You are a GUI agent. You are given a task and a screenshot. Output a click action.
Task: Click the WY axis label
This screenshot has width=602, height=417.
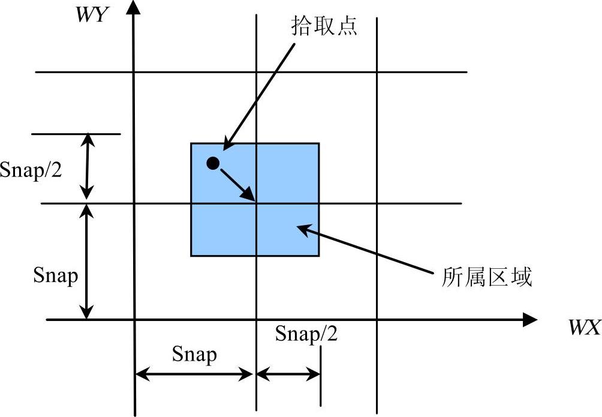91,15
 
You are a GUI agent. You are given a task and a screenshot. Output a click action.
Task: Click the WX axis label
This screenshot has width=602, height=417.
584,328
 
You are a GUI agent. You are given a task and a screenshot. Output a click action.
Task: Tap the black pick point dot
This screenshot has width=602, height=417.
212,163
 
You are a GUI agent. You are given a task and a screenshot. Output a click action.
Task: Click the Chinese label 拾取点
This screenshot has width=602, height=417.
324,26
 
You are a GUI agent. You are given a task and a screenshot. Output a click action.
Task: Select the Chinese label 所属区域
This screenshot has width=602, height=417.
487,277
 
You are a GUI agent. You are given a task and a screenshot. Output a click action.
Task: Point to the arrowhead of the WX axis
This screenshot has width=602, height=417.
530,320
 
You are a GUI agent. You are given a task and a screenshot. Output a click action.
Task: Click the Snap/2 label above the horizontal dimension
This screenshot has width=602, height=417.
306,334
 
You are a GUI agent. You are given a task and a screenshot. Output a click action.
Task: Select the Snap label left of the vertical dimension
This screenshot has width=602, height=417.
55,275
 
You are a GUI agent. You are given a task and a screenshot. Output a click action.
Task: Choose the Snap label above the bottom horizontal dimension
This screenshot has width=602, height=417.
194,355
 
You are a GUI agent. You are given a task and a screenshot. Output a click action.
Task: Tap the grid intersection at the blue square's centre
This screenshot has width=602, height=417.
257,203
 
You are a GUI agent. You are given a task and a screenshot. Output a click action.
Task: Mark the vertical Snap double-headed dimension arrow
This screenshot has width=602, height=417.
88,262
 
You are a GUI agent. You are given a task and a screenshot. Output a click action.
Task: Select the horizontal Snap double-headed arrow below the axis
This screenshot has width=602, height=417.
194,375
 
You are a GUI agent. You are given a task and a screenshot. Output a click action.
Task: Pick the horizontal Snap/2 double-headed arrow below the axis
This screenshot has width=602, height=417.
288,375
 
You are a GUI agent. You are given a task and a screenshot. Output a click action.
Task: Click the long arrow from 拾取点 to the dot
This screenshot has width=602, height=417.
259,96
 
